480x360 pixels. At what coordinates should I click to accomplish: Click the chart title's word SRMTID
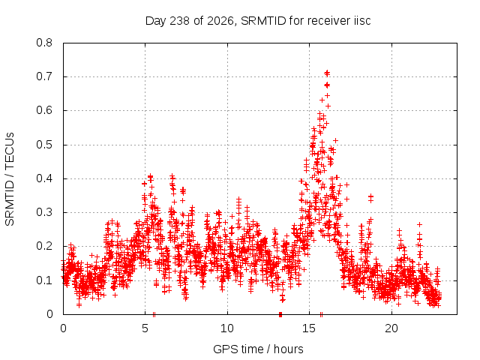263,21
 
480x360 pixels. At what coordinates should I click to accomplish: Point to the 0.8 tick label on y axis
44,43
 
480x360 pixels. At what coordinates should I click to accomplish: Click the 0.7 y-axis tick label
44,76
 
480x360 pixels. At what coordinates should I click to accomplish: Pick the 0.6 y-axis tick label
44,110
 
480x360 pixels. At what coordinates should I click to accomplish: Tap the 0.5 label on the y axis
44,145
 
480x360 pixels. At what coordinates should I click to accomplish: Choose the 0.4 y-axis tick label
44,178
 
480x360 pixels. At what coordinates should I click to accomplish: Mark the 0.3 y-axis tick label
44,212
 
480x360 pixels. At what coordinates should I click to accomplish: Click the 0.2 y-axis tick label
44,246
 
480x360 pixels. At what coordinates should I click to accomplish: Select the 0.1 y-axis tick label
44,280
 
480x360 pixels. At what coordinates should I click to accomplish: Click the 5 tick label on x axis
145,328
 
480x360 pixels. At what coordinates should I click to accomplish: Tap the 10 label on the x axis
227,328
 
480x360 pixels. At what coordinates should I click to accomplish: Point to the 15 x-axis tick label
309,328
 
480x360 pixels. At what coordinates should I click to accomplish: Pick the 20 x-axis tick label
391,328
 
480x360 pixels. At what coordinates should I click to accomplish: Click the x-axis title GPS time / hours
258,349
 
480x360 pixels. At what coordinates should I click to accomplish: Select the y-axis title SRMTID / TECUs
10,179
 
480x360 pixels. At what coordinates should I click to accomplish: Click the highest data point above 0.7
327,73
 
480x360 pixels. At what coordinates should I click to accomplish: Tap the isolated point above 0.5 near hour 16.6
335,140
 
